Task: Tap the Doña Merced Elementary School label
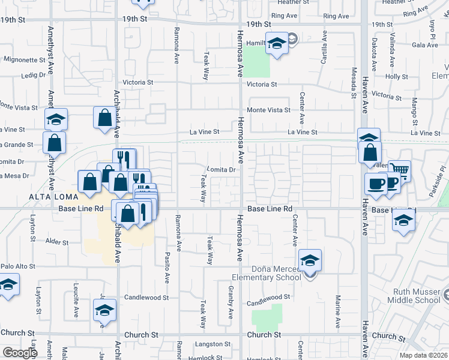click(267, 273)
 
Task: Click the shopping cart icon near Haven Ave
click(399, 170)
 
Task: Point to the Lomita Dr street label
click(220, 170)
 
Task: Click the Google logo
click(20, 352)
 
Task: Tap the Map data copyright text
click(424, 355)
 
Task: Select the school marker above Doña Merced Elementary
click(310, 261)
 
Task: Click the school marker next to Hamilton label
click(276, 44)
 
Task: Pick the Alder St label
click(58, 241)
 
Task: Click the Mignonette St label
click(25, 60)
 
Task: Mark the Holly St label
click(397, 77)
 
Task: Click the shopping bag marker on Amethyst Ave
click(54, 143)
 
